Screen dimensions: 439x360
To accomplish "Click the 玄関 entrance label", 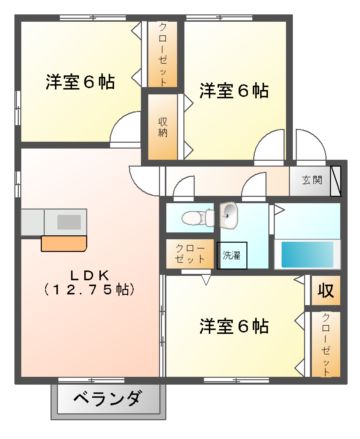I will point(312,181).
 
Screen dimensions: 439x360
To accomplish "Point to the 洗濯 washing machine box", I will point(232,254).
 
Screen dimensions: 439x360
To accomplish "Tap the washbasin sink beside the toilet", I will point(227,213).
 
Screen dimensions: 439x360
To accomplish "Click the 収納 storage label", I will point(162,127).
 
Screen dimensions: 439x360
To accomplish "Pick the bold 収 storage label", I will point(324,291).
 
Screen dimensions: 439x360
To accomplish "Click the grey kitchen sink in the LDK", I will point(69,220).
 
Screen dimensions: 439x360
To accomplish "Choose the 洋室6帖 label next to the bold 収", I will point(233,327).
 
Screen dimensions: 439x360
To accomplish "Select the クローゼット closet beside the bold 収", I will point(326,342).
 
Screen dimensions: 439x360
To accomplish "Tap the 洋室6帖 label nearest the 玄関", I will point(233,91).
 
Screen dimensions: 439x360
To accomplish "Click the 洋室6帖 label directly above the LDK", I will point(79,82).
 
